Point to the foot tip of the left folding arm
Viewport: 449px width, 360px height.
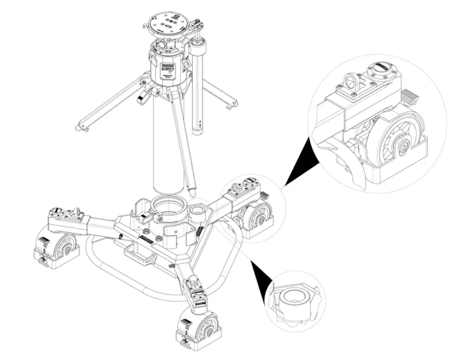[x=79, y=127]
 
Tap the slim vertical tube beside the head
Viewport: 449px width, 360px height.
[x=199, y=94]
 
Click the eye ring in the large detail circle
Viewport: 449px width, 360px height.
[x=348, y=82]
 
